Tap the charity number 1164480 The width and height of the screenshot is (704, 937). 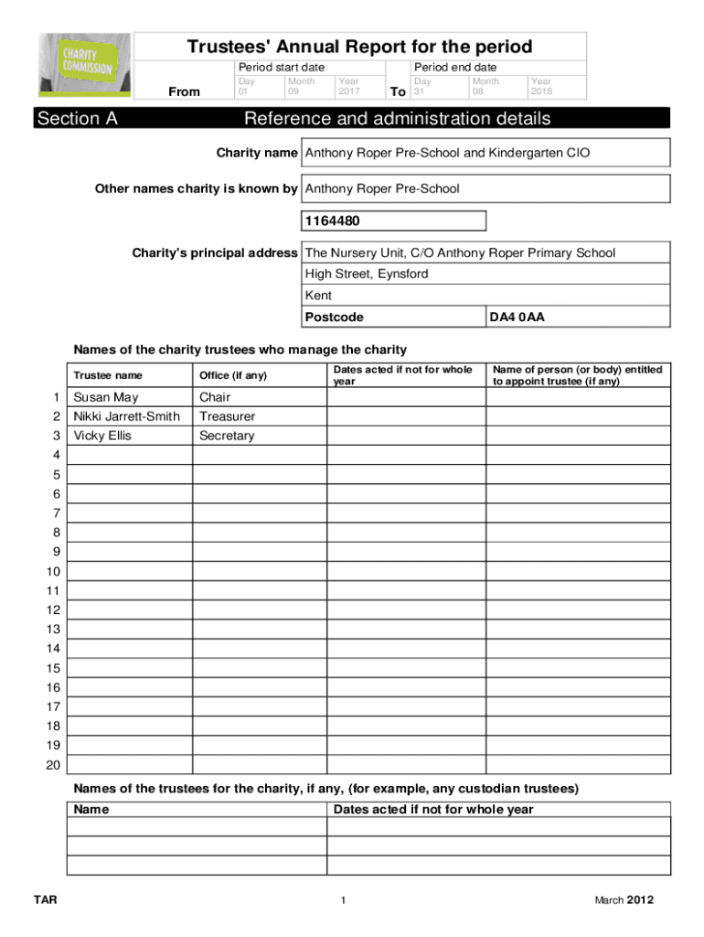(327, 221)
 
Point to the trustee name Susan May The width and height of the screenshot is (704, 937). (106, 397)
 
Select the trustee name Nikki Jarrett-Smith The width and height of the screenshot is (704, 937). (126, 416)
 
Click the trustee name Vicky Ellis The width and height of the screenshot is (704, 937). (102, 436)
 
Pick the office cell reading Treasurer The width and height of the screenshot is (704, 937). (227, 416)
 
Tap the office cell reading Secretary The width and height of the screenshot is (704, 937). (227, 436)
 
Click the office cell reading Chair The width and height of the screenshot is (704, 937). (215, 397)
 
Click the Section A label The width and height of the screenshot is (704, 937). (78, 119)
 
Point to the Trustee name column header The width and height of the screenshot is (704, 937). (108, 375)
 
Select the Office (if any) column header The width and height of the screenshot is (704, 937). (233, 375)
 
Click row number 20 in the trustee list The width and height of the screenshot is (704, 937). (53, 765)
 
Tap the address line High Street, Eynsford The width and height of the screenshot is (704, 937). (366, 274)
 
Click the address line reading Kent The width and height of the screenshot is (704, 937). (318, 296)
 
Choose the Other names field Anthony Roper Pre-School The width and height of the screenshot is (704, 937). (382, 188)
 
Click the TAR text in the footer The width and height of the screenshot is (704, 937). (46, 900)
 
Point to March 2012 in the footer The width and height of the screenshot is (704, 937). (624, 900)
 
